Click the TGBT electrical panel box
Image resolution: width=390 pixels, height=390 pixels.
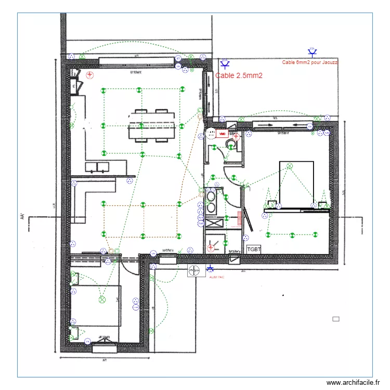click(254, 250)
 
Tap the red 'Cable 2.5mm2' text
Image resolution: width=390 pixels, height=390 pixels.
click(239, 76)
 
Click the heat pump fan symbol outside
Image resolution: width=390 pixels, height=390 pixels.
click(196, 271)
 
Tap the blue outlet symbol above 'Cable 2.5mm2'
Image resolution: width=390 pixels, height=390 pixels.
click(225, 64)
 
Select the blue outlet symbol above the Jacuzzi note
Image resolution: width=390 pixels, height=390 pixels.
click(313, 52)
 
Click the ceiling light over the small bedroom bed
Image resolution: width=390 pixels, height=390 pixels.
click(102, 300)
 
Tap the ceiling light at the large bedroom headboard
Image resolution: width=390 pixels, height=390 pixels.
click(290, 166)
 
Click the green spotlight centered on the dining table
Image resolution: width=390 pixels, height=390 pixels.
click(139, 125)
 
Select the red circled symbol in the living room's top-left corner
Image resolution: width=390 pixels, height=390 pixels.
click(90, 75)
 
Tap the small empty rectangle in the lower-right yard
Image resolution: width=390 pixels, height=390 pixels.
click(335, 319)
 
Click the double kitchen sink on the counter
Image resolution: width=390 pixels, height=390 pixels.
click(97, 167)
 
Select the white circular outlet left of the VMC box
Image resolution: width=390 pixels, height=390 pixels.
click(211, 134)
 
